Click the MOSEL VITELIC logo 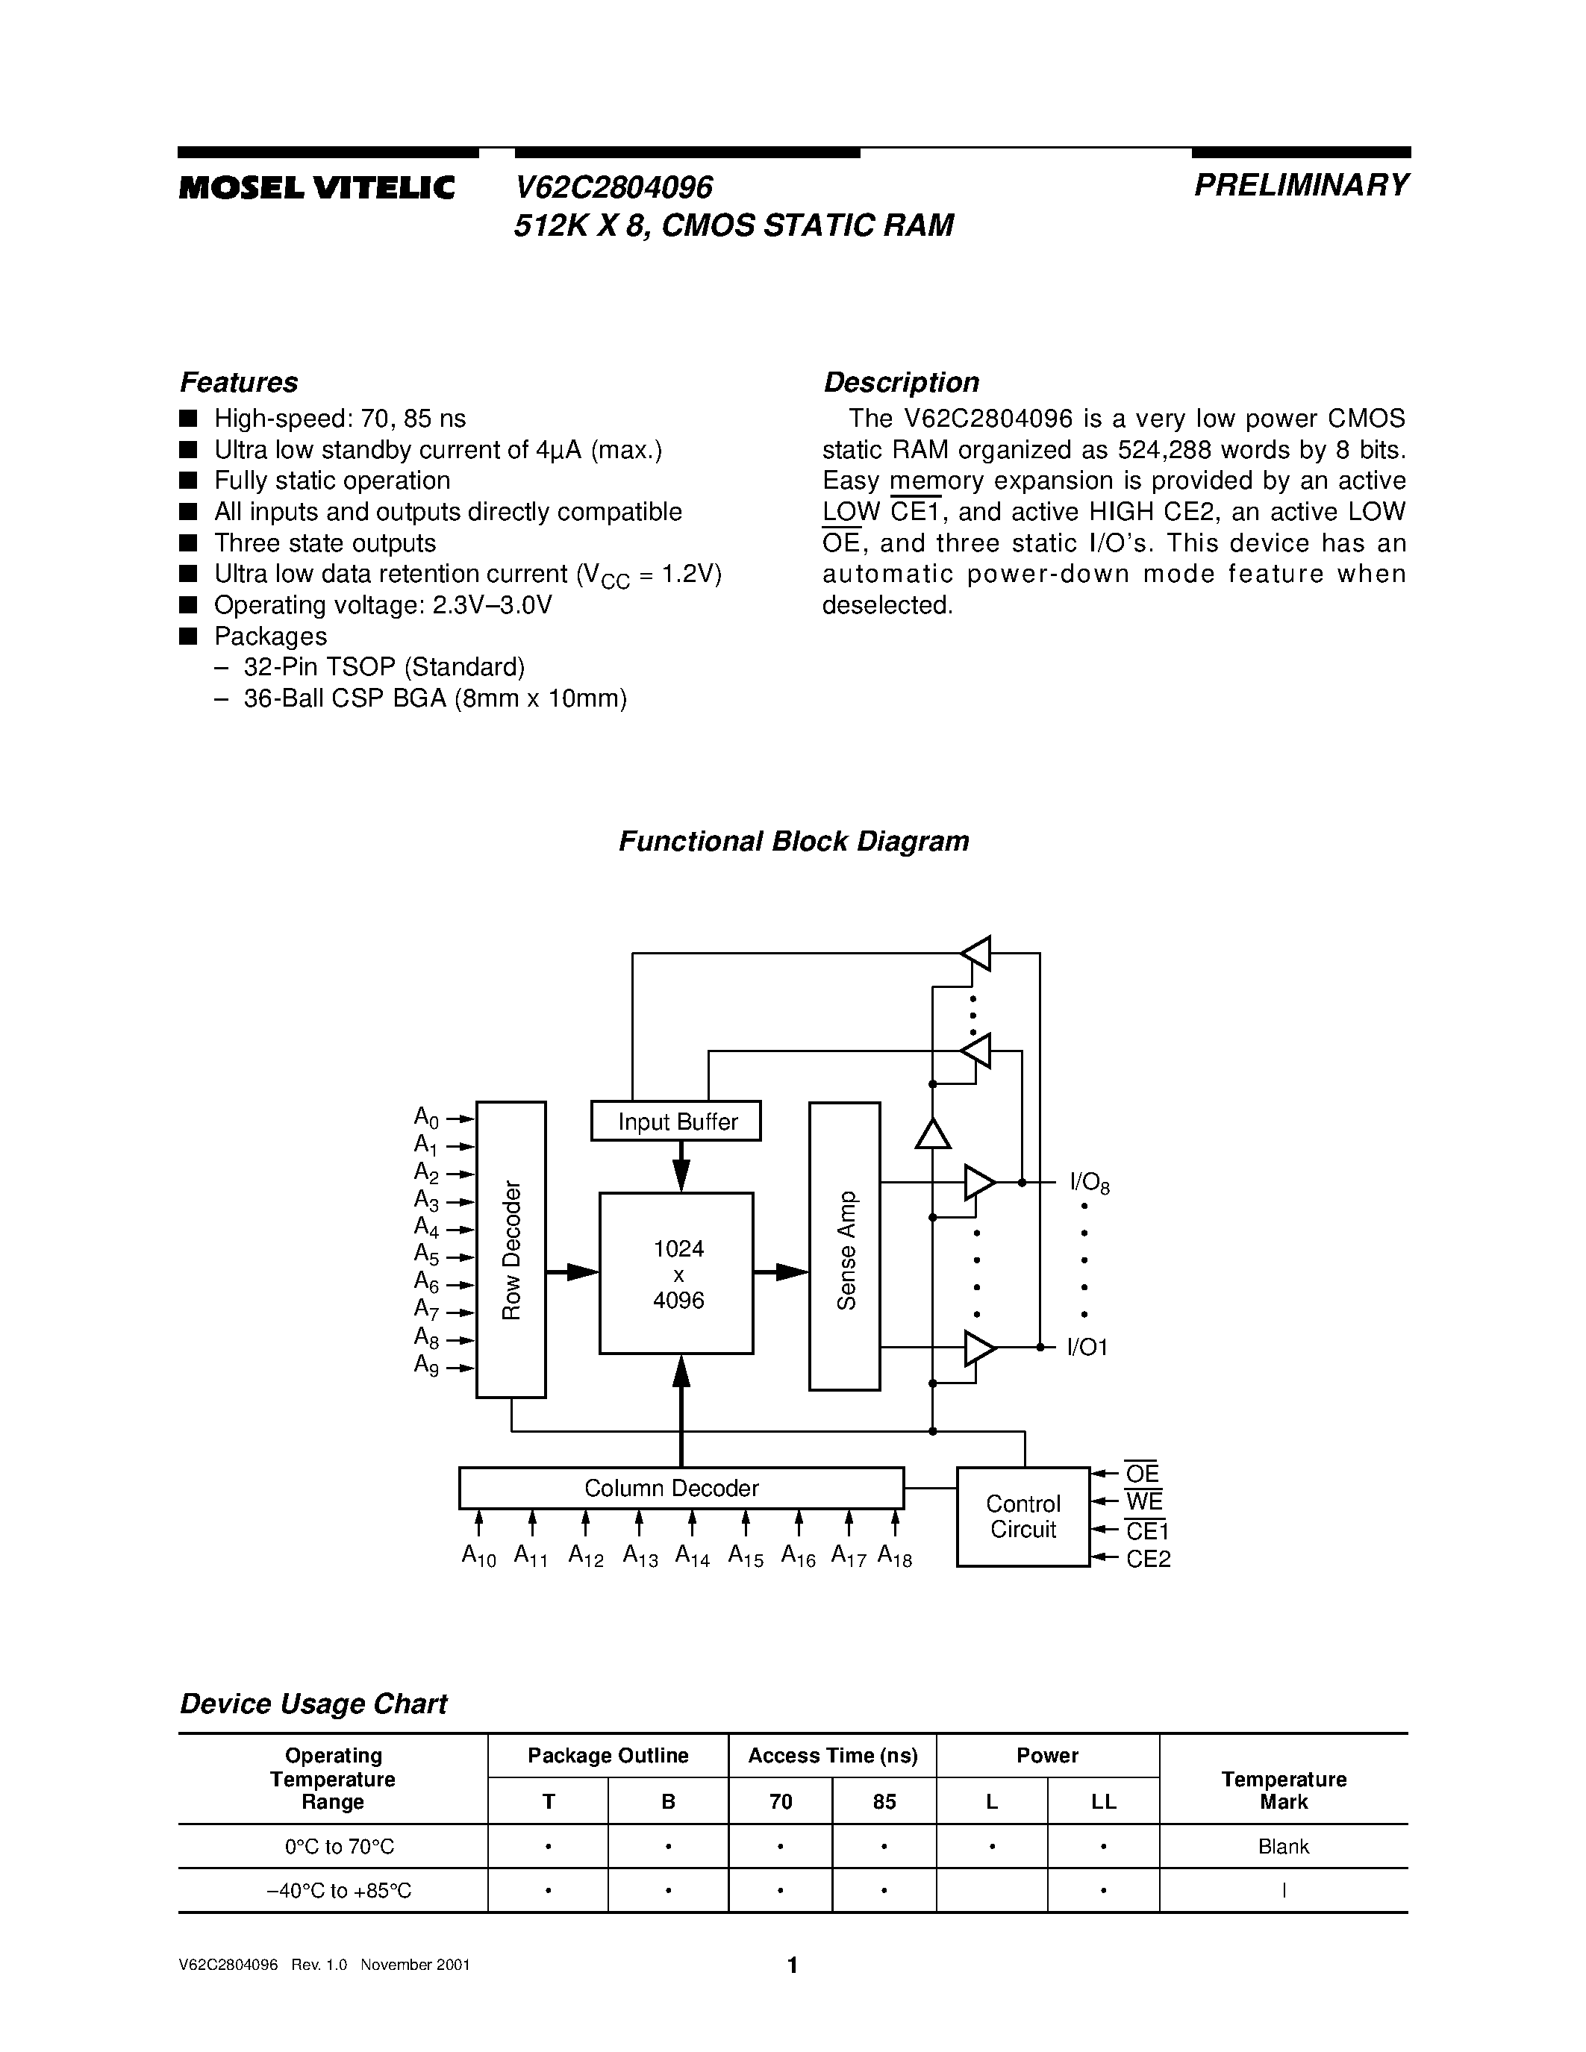(316, 188)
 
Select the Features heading (239, 382)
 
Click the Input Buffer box (675, 1121)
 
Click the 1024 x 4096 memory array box (676, 1273)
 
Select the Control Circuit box (1023, 1516)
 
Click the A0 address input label (427, 1117)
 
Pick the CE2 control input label (1148, 1559)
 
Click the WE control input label (1143, 1501)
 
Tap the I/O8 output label (1090, 1184)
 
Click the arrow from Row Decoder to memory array (572, 1272)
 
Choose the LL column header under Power (1103, 1801)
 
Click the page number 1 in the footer (792, 1964)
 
